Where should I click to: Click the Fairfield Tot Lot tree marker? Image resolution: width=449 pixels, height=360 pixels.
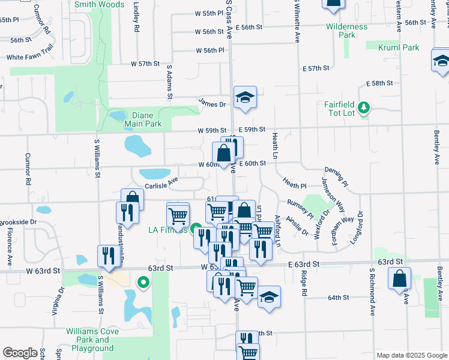[364, 108]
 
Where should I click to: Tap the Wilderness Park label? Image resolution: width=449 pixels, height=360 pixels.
[346, 31]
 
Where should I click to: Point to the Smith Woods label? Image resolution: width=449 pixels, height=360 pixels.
[100, 4]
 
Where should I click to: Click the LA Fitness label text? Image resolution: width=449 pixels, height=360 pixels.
[168, 229]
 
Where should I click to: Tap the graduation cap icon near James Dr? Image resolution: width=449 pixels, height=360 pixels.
[245, 97]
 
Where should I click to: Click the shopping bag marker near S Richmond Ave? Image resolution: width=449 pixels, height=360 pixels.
[399, 278]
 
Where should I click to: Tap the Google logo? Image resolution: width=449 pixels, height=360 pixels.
[20, 353]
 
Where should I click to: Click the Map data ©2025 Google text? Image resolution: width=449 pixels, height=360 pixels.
[412, 355]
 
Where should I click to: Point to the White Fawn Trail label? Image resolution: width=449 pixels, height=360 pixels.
[30, 58]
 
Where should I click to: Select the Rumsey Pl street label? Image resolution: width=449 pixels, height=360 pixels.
[300, 208]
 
